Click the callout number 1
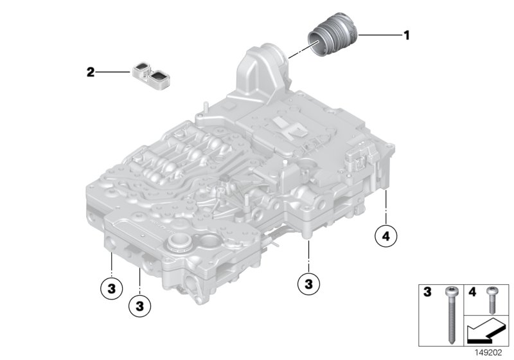click(x=406, y=35)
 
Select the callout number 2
click(x=91, y=73)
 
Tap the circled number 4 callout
click(x=385, y=237)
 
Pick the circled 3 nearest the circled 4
click(x=309, y=282)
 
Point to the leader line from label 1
click(x=379, y=35)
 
